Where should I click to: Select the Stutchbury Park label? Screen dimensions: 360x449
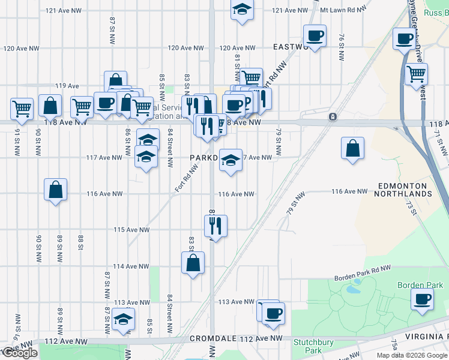309,346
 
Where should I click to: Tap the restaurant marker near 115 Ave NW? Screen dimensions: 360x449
215,226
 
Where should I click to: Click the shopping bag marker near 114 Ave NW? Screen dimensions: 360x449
193,262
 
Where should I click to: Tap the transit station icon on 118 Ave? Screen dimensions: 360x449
331,116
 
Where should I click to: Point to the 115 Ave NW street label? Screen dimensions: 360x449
131,230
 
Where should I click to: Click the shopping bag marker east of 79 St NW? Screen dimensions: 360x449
353,148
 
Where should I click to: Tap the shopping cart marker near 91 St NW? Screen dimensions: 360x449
22,109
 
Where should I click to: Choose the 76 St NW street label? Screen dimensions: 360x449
341,47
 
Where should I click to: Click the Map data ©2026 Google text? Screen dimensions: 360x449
412,355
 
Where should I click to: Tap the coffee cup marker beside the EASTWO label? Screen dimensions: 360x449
315,36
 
